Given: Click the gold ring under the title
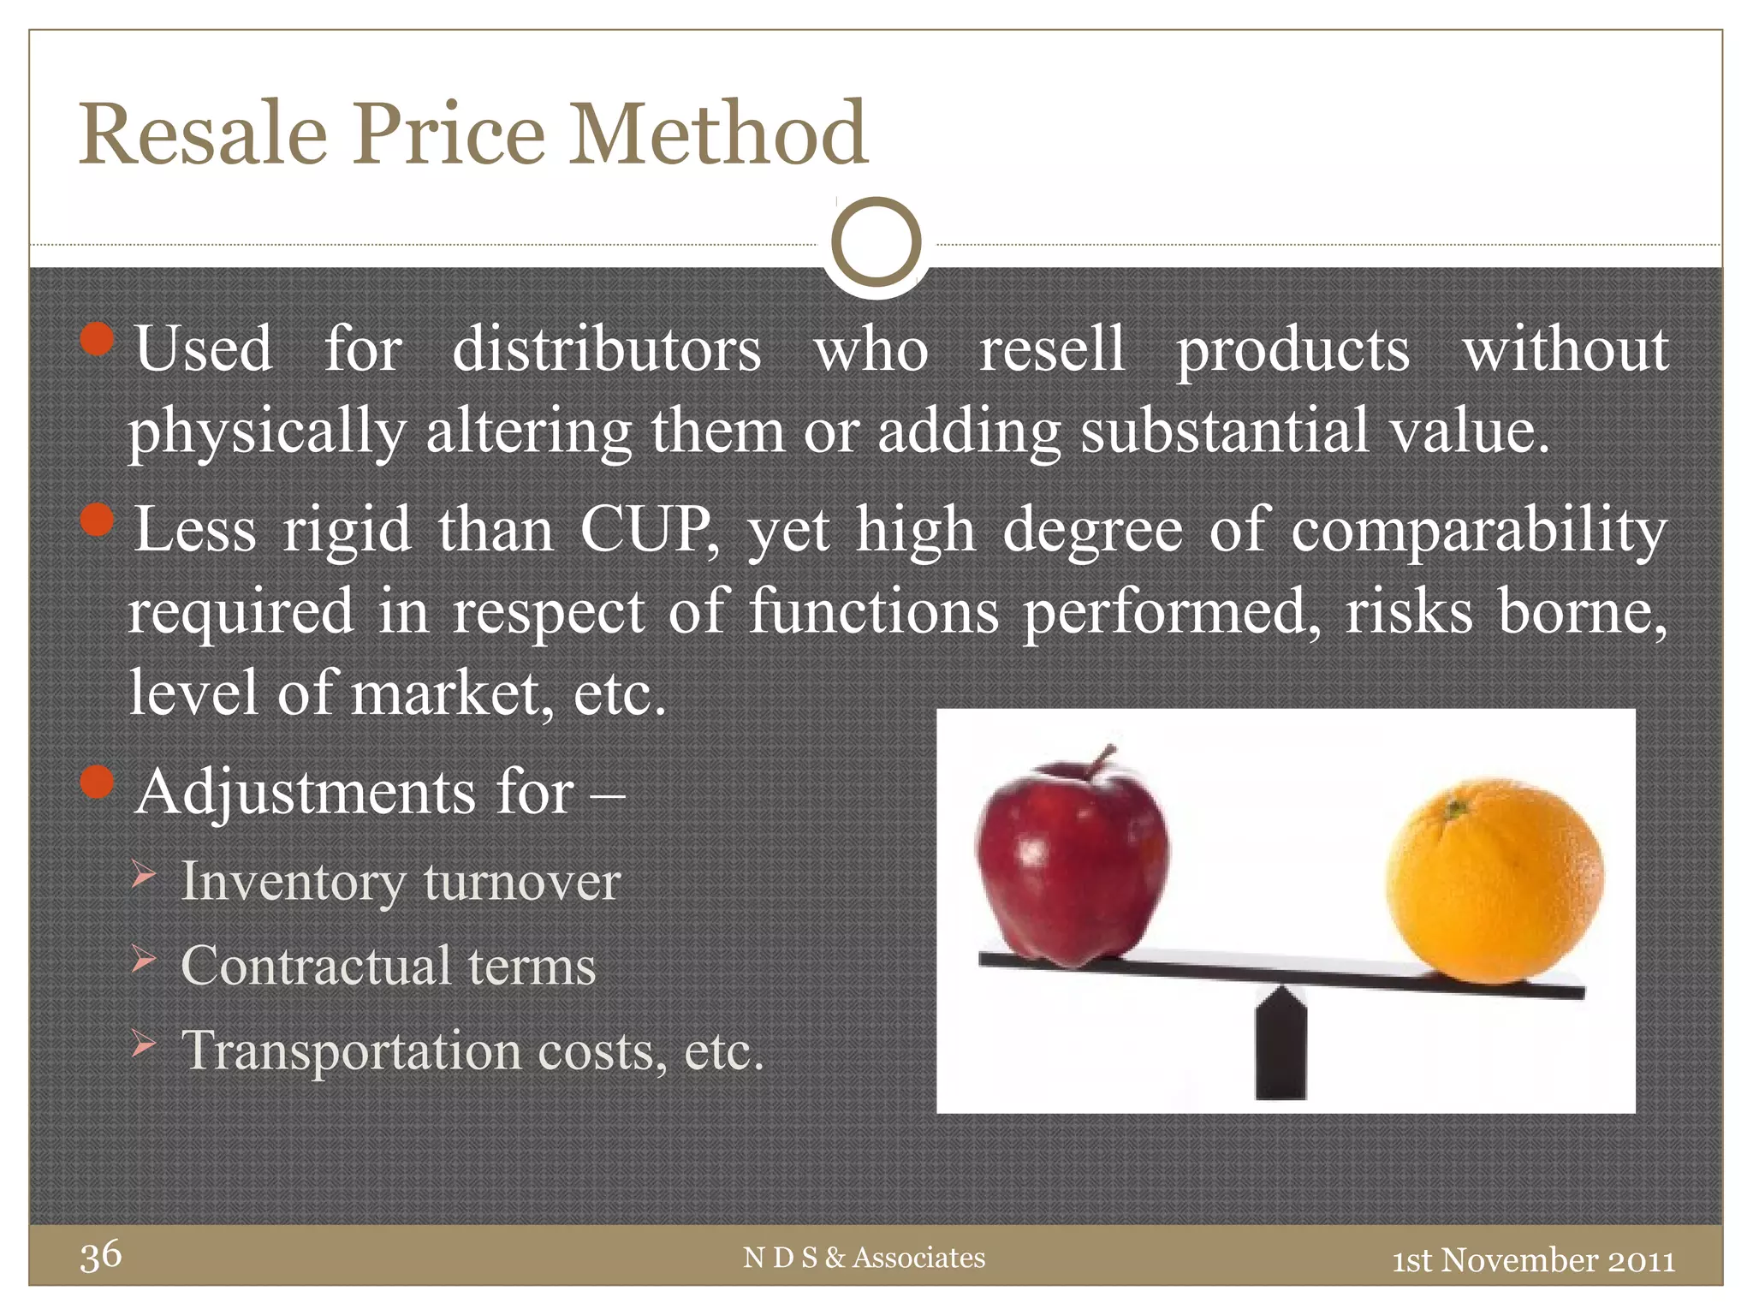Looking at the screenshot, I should [x=876, y=242].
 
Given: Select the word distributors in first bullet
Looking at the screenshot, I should [x=606, y=349].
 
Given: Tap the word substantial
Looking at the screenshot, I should [x=1224, y=431].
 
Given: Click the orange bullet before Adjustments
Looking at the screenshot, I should [x=98, y=781].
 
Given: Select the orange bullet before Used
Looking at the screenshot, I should [x=98, y=339].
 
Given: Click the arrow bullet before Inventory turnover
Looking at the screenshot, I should [x=144, y=875].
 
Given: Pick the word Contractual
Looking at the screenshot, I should [x=316, y=966].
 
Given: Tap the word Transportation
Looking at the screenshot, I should [x=351, y=1050].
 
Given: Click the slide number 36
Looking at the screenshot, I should [x=101, y=1256].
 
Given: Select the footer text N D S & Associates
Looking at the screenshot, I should [x=865, y=1258].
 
